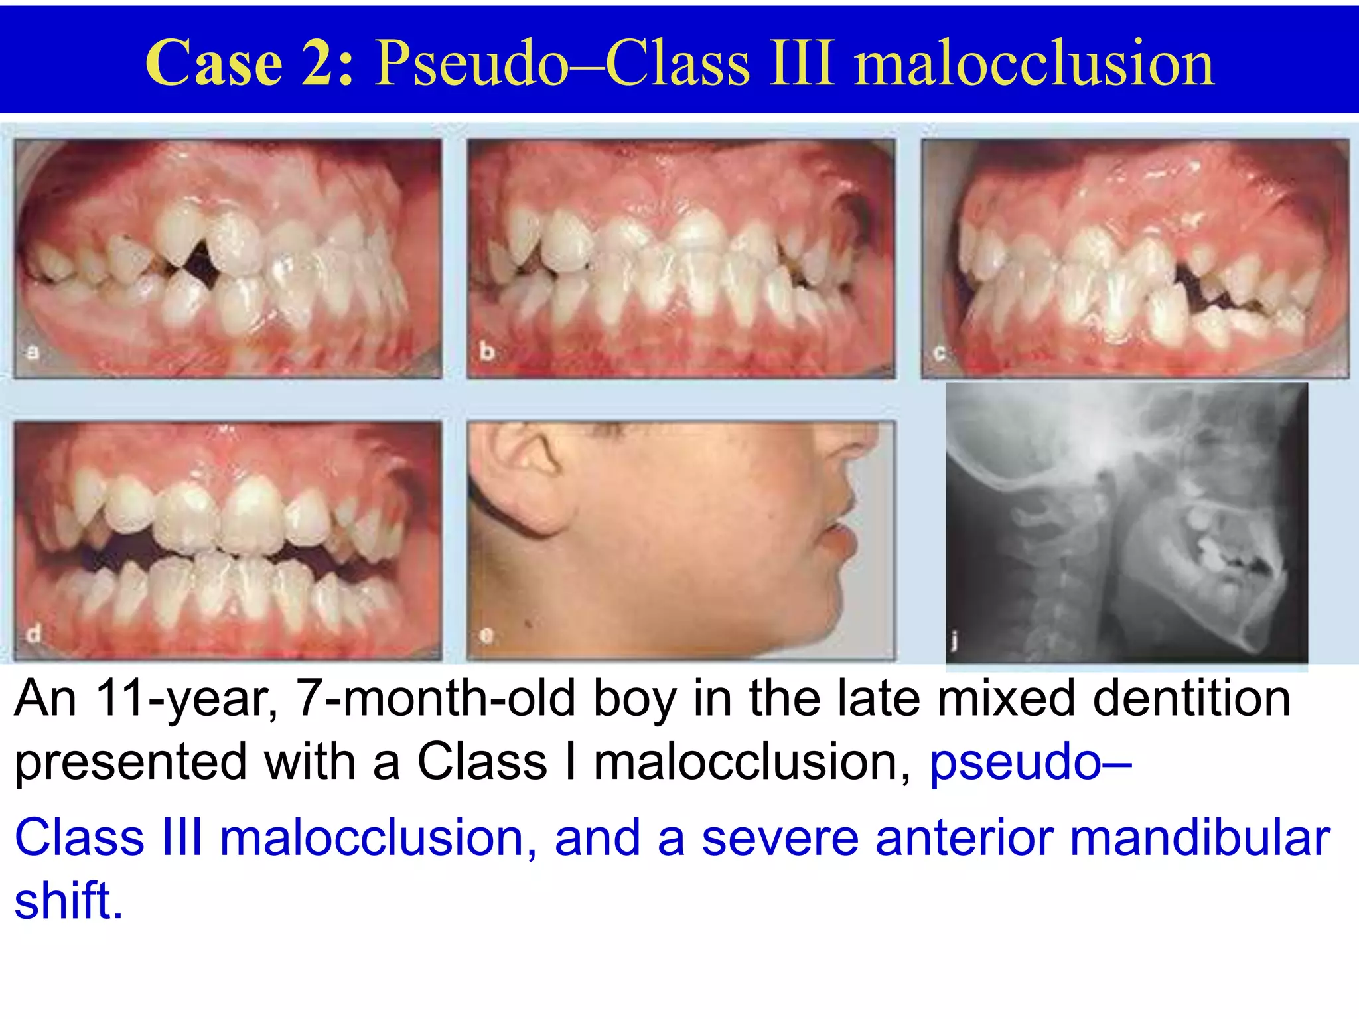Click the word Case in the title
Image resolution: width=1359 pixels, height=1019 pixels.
(214, 63)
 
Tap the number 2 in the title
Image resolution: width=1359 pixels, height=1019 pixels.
(319, 63)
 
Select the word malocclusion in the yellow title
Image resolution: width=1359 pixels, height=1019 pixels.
(1033, 63)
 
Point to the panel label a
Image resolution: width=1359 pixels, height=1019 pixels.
(32, 352)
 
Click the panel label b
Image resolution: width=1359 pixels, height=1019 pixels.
(486, 352)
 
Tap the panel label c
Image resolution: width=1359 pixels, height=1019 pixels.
(940, 353)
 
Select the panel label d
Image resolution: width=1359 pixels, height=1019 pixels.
(33, 634)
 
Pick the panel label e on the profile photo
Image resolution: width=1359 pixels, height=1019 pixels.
(487, 636)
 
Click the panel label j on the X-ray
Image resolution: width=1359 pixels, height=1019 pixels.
(954, 640)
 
